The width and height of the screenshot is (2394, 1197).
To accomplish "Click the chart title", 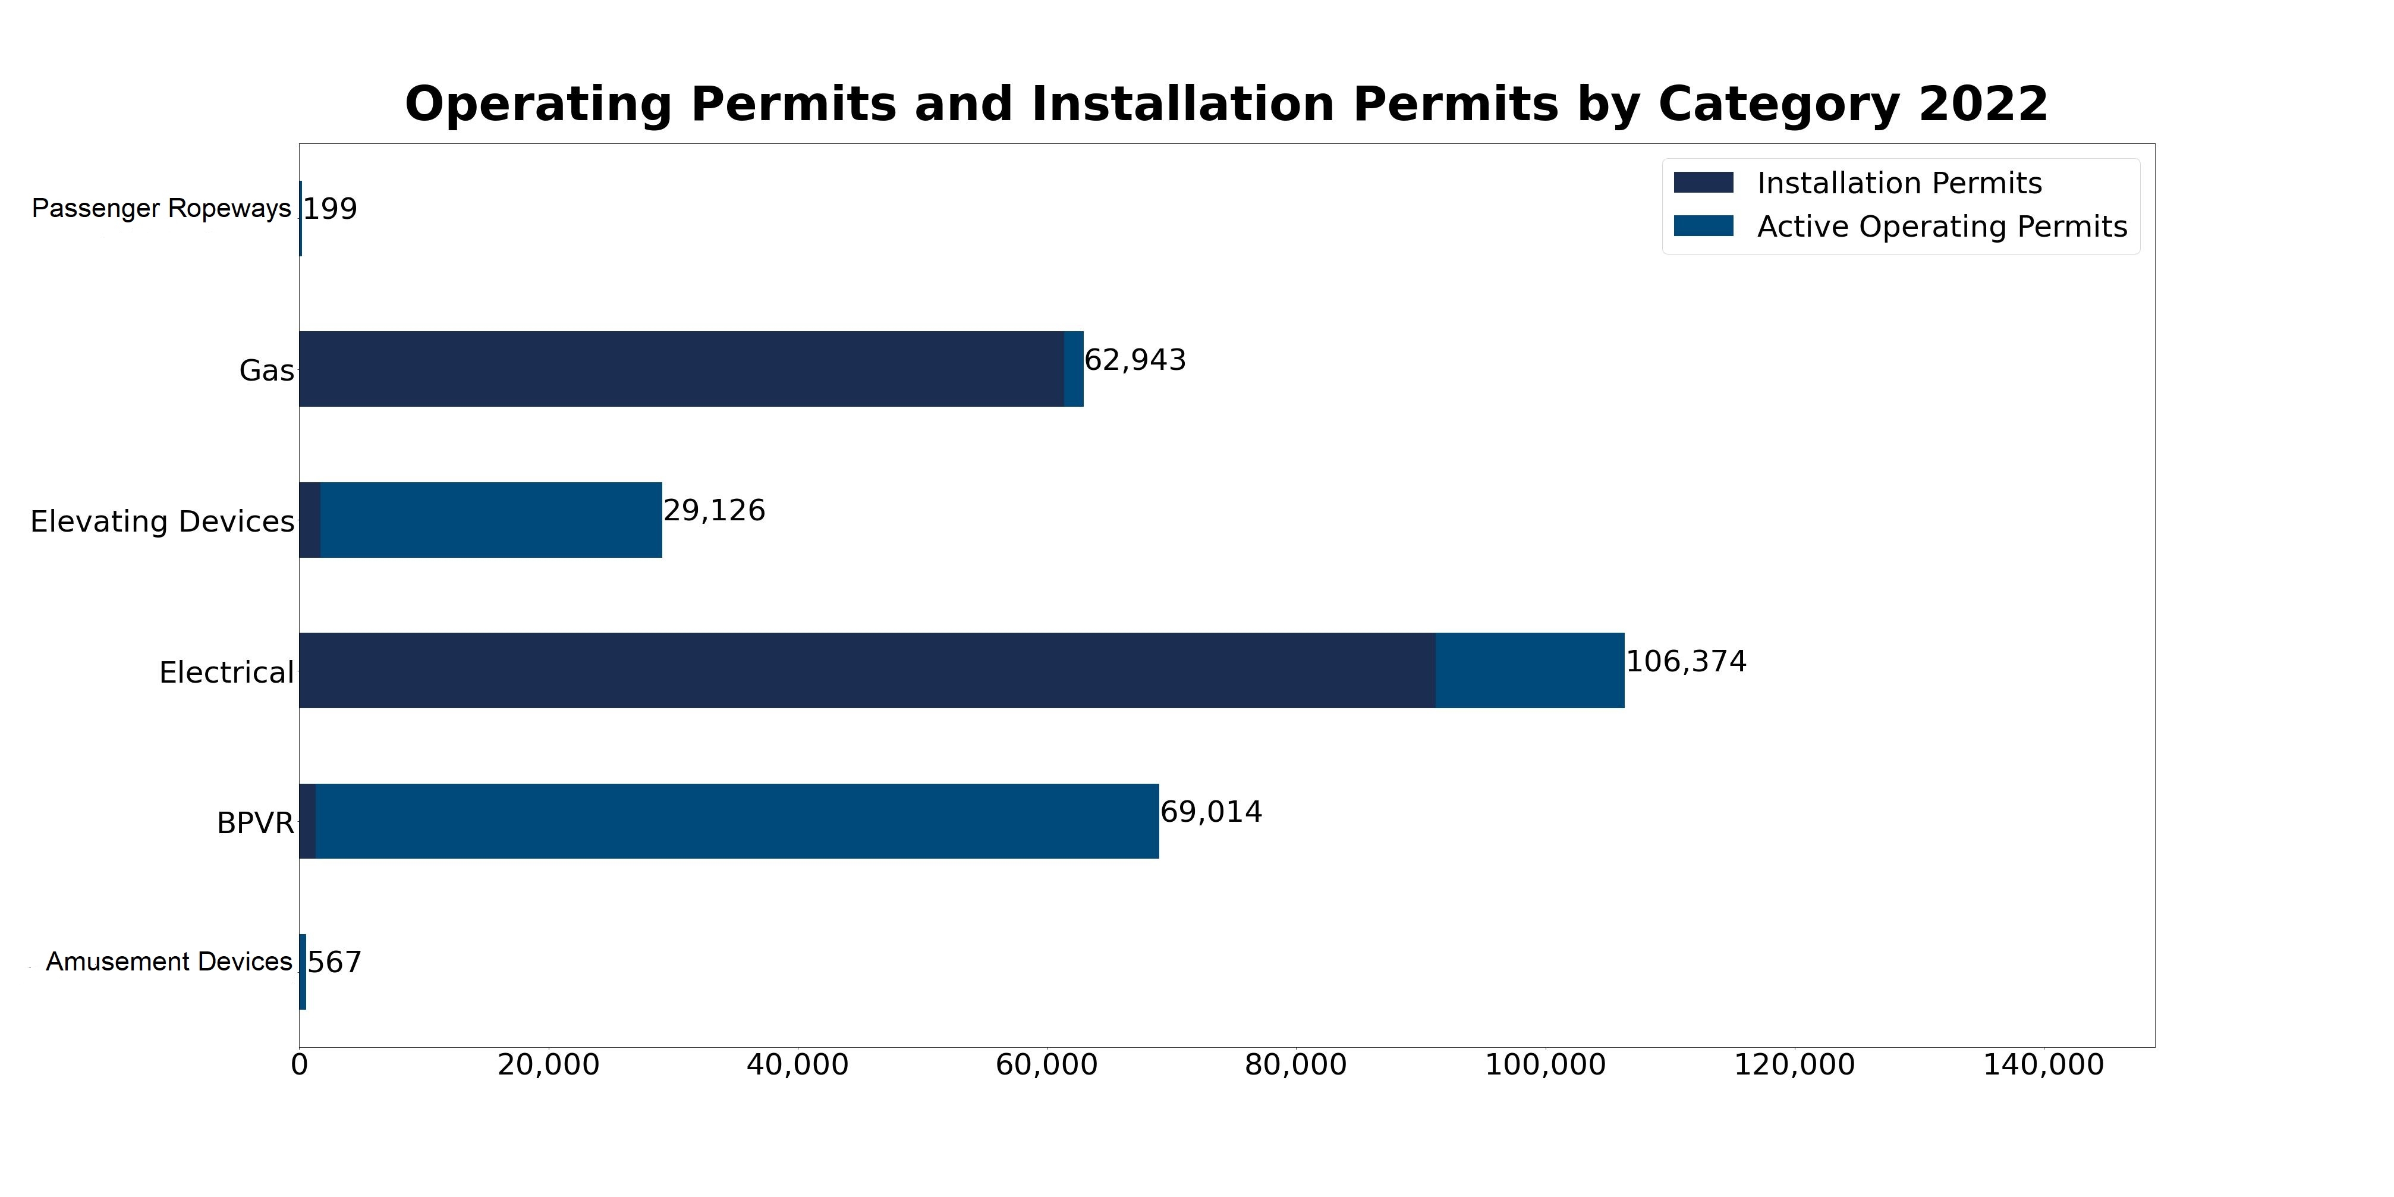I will tap(1226, 104).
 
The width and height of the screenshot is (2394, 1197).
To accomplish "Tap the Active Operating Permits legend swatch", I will tap(1703, 226).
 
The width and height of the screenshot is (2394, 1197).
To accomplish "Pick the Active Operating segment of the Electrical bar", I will tap(1530, 670).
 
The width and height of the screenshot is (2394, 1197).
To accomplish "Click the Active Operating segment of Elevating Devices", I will tap(490, 520).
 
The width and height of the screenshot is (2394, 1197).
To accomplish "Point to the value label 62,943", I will tap(1135, 360).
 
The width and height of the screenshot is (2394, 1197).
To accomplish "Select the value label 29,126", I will tap(714, 510).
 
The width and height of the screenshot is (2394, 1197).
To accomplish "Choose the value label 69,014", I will tap(1211, 812).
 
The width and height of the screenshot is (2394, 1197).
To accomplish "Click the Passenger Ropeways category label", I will tap(161, 208).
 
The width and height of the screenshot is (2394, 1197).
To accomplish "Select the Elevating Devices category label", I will tap(162, 521).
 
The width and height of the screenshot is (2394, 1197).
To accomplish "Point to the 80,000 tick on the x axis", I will tap(1295, 1065).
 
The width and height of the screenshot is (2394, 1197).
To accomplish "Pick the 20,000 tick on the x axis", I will tap(548, 1065).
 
